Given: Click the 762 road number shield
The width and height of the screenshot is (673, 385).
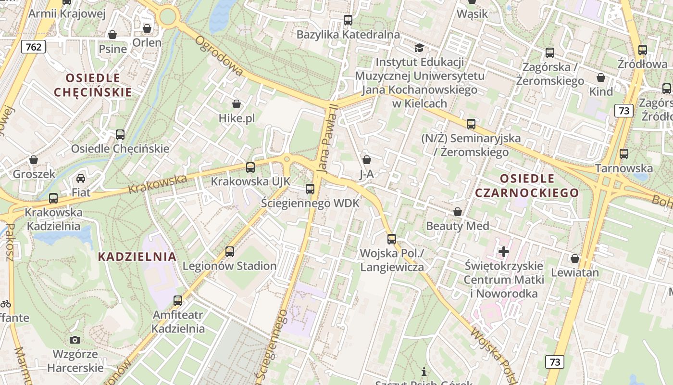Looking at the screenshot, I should tap(33, 47).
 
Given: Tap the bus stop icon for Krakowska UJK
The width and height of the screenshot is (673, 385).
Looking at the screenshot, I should tap(250, 167).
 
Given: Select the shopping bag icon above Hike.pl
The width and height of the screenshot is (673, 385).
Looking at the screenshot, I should tap(236, 104).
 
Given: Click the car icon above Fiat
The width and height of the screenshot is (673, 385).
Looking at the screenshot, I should tap(81, 179).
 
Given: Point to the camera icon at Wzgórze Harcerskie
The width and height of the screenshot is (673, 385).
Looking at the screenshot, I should tap(75, 340).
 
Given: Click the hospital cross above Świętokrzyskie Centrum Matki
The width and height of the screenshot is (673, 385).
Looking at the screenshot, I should tap(503, 251).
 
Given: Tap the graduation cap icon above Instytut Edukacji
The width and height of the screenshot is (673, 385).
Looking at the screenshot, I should tap(419, 48).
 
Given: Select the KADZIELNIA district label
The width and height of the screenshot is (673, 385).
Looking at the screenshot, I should tap(137, 257).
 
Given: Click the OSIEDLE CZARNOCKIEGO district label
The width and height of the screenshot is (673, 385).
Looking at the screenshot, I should tap(527, 186).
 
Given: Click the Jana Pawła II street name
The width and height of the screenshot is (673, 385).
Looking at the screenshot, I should tap(327, 139).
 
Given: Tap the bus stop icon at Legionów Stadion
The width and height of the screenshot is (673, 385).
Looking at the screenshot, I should tap(230, 251).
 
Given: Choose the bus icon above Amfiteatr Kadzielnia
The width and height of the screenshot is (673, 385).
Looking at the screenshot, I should tap(178, 301).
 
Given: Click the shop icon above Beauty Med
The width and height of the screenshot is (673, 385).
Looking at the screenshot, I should tap(458, 212).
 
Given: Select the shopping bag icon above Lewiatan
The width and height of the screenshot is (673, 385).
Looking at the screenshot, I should tap(575, 258).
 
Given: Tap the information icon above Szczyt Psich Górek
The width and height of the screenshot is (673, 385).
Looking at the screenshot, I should tap(424, 372).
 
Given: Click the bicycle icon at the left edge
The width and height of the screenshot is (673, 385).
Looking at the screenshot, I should tap(6, 304).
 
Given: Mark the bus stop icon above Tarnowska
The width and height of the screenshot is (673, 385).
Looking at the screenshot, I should tap(624, 154).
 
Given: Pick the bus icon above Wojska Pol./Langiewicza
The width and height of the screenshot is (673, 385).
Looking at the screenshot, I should tap(392, 239).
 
